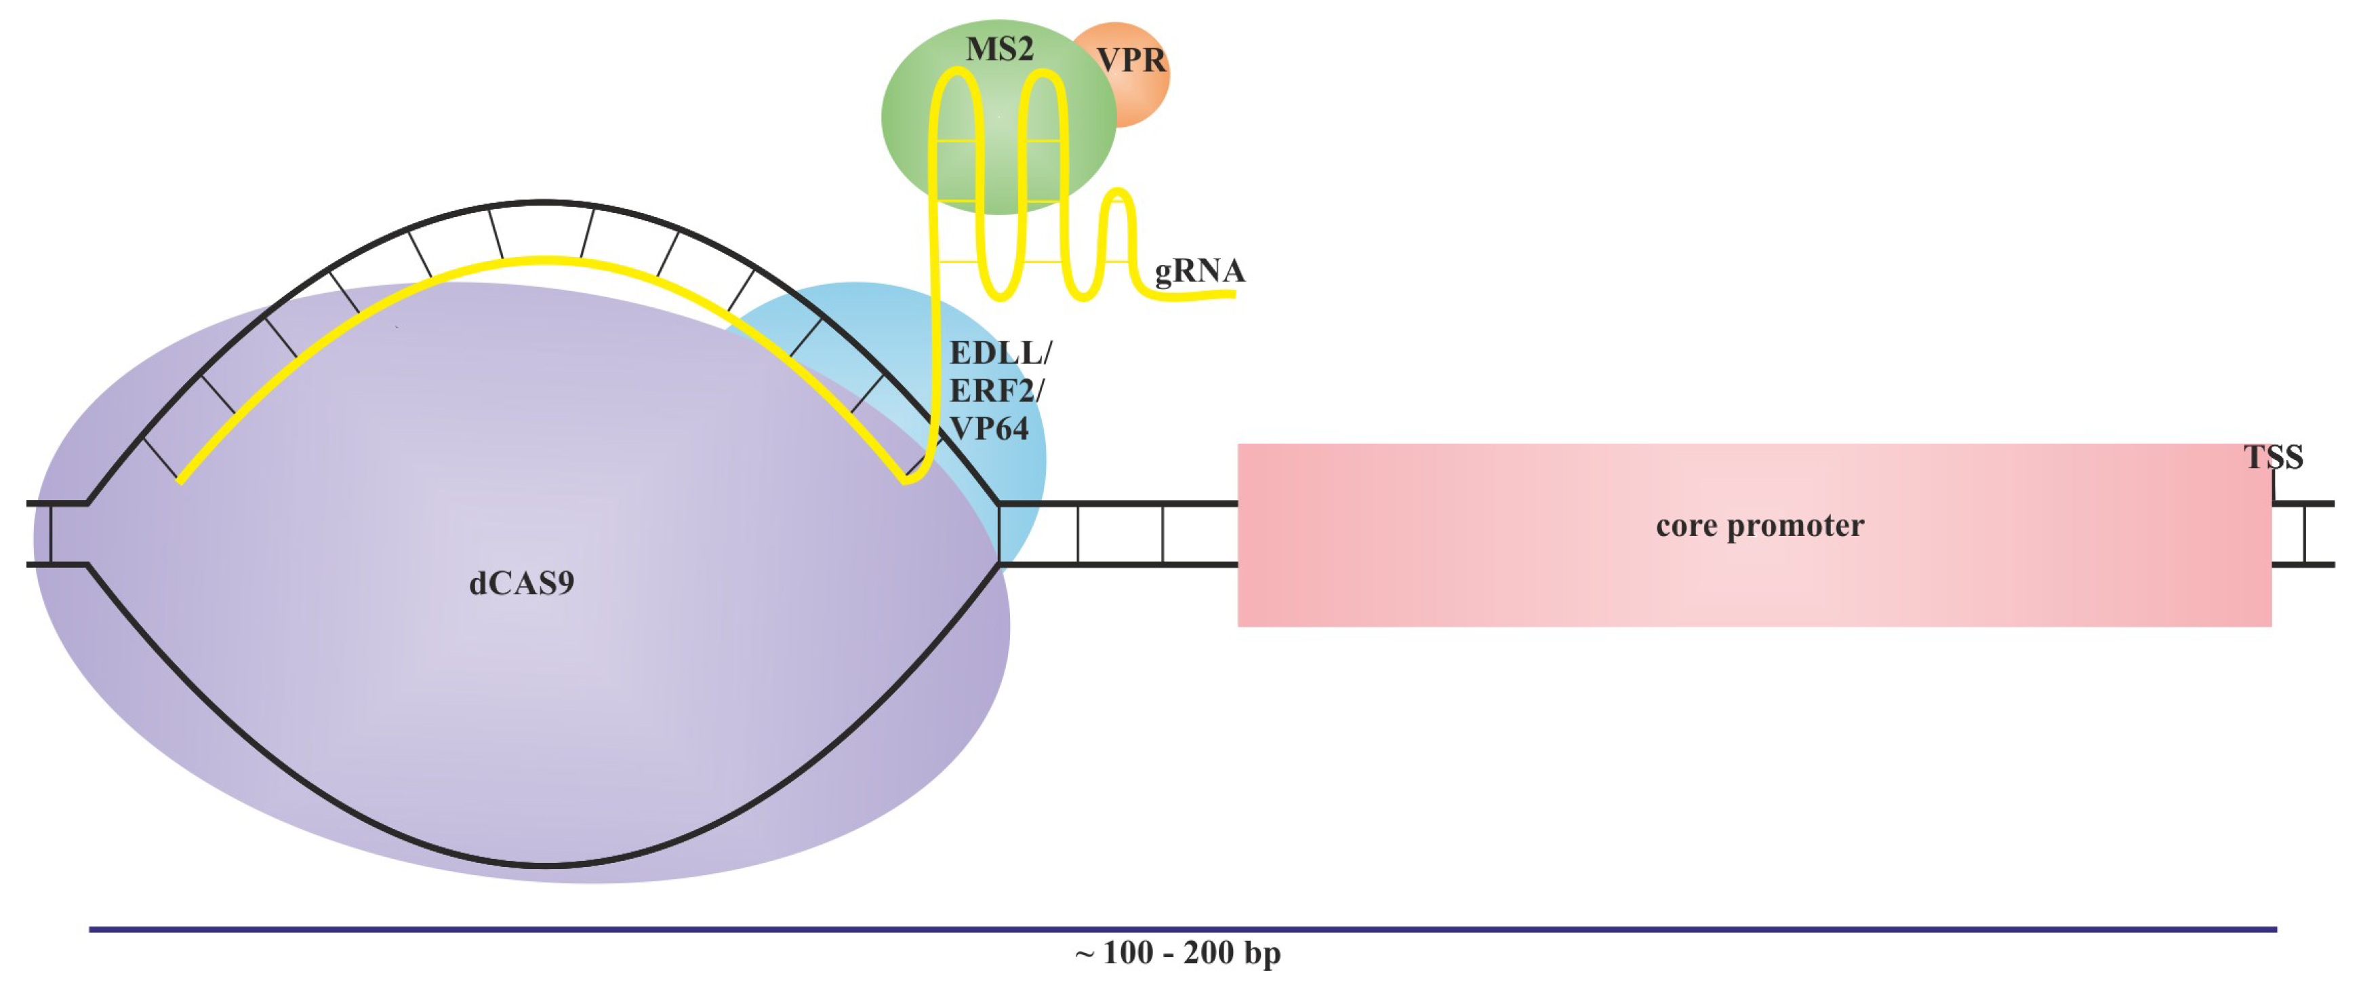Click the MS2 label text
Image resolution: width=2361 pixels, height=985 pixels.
tap(999, 50)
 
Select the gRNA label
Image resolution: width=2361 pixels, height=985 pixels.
tap(1199, 271)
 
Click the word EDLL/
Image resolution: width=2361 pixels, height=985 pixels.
tap(1000, 352)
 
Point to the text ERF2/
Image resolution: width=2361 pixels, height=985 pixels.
tap(995, 391)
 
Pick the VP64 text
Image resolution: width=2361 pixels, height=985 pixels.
tap(989, 428)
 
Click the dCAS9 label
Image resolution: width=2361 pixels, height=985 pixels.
tap(521, 583)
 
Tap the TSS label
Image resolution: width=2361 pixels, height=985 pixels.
tap(2273, 457)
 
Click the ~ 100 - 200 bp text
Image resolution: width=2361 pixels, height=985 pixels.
tap(1177, 953)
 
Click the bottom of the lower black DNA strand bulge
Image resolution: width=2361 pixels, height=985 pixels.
tap(544, 864)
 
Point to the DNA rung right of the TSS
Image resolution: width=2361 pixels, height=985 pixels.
tap(2304, 534)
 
